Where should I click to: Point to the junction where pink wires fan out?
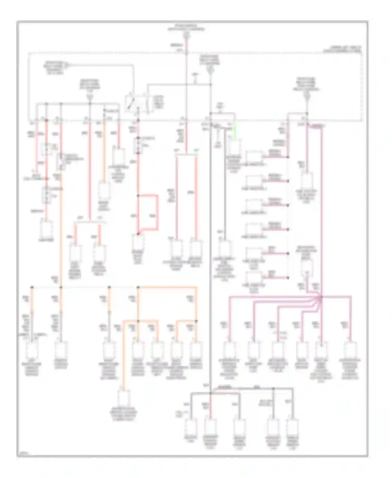coord(321,297)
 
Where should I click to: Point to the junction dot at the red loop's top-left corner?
coord(138,195)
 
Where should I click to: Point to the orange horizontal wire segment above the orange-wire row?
coord(167,287)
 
